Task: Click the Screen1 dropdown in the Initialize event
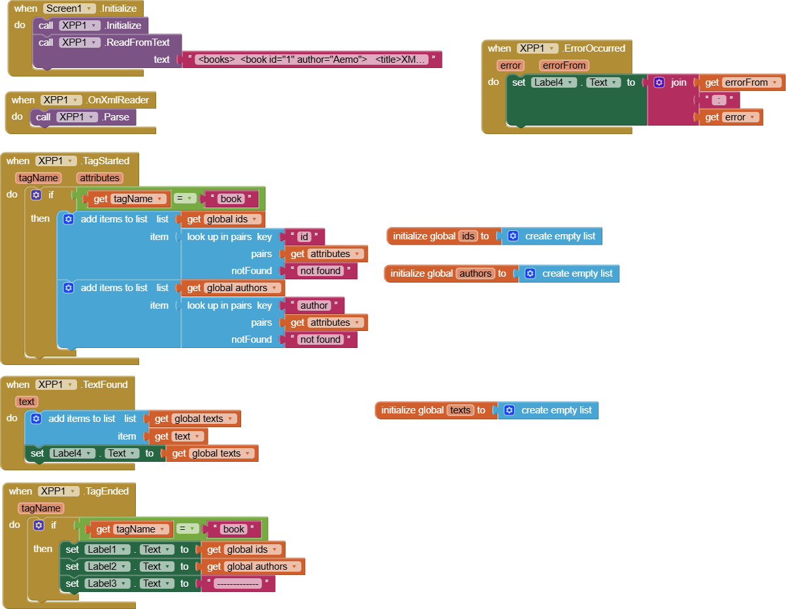[x=69, y=9]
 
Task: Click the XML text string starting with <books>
[x=312, y=60]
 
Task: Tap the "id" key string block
[x=304, y=237]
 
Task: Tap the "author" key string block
[x=314, y=305]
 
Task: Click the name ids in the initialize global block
[x=468, y=236]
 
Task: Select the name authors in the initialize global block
[x=475, y=273]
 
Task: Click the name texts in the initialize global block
[x=460, y=410]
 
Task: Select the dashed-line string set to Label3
[x=238, y=583]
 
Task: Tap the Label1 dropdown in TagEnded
[x=108, y=549]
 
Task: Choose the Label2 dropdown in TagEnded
[x=108, y=566]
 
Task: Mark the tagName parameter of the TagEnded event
[x=41, y=508]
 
